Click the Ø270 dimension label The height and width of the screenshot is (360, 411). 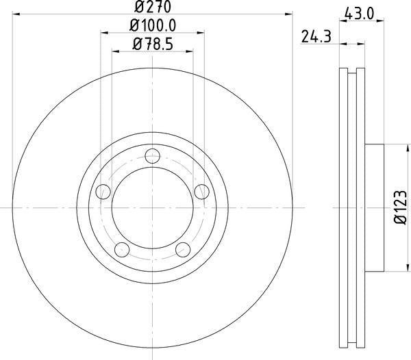152,8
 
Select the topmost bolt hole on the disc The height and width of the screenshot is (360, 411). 152,157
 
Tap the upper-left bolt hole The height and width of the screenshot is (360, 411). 103,190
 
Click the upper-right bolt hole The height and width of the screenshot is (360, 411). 201,190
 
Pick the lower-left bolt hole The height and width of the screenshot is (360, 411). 122,248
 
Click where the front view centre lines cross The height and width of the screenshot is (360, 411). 152,207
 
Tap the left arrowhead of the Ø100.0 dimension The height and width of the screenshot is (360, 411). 104,32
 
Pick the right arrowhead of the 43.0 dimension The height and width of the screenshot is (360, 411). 381,23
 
